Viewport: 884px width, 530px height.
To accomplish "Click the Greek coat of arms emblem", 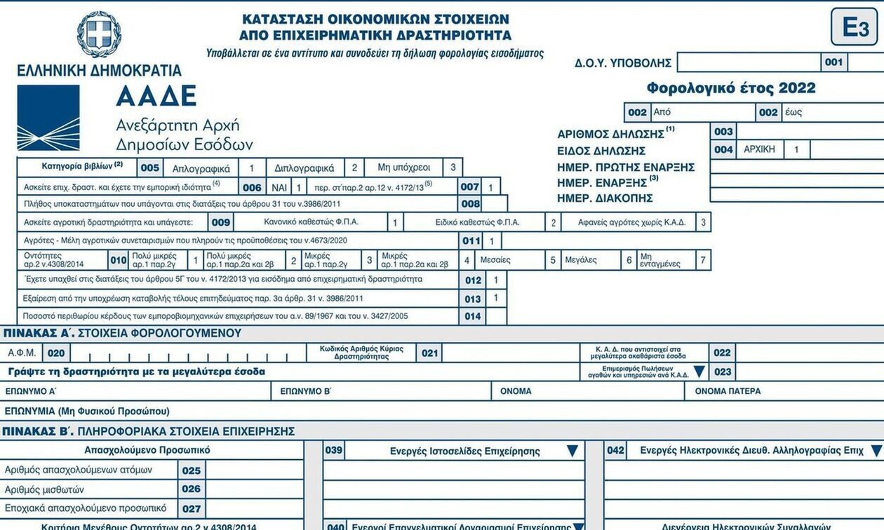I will (99, 34).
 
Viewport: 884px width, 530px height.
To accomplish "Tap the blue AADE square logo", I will (48, 118).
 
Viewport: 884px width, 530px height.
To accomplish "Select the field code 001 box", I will (833, 62).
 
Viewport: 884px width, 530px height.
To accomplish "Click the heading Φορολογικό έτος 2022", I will (731, 88).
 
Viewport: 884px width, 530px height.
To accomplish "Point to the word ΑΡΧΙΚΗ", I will (759, 149).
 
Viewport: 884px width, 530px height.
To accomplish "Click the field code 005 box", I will (150, 168).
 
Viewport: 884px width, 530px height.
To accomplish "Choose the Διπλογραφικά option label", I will (304, 168).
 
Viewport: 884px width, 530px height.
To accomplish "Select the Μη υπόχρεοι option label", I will (403, 168).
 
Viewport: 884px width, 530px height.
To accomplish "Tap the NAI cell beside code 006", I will (280, 187).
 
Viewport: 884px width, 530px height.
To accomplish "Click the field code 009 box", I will (221, 222).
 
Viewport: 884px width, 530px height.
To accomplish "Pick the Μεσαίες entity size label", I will (495, 260).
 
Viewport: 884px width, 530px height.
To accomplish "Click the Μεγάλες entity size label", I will (581, 260).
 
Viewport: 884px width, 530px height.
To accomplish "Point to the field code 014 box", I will (473, 316).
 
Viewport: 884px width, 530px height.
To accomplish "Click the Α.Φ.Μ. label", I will (22, 353).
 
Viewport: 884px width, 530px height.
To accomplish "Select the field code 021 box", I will (429, 353).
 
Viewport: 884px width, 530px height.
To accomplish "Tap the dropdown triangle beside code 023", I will (699, 372).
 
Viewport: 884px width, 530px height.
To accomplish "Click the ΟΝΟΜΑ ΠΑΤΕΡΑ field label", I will (728, 391).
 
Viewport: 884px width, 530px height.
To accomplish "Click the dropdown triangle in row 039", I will (572, 451).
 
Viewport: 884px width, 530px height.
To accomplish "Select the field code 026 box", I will (191, 489).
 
